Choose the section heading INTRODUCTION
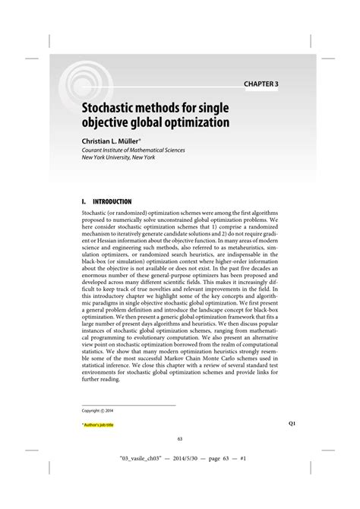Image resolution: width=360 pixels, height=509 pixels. [x=116, y=202]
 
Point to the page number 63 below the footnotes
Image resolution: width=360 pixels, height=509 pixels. [x=179, y=438]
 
